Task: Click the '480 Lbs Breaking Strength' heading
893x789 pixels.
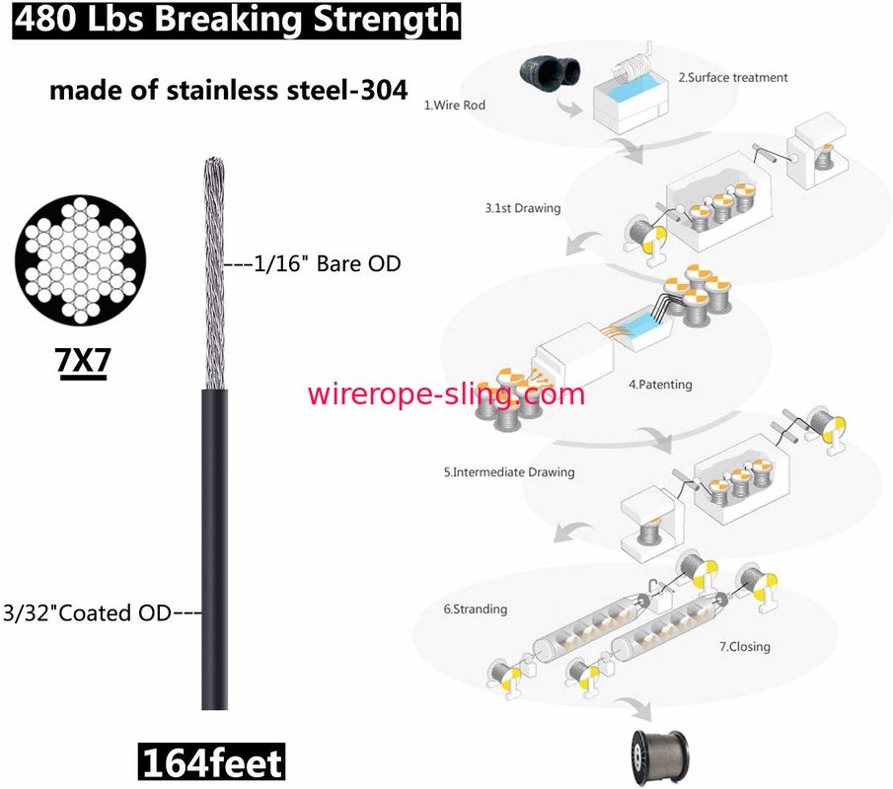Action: pos(236,20)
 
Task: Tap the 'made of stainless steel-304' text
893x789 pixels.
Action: pos(228,91)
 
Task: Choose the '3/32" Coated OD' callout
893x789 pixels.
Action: pos(102,612)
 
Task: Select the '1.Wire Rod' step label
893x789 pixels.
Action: pos(454,104)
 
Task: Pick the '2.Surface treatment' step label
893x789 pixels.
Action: pos(732,77)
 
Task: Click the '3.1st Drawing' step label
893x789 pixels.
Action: pos(522,208)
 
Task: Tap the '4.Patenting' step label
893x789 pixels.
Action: pos(660,385)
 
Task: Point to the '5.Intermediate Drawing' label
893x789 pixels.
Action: pos(508,472)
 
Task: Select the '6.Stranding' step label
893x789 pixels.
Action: pos(475,609)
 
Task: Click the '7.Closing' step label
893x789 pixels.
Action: pos(744,647)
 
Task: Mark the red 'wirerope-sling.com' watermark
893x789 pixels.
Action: pos(446,394)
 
